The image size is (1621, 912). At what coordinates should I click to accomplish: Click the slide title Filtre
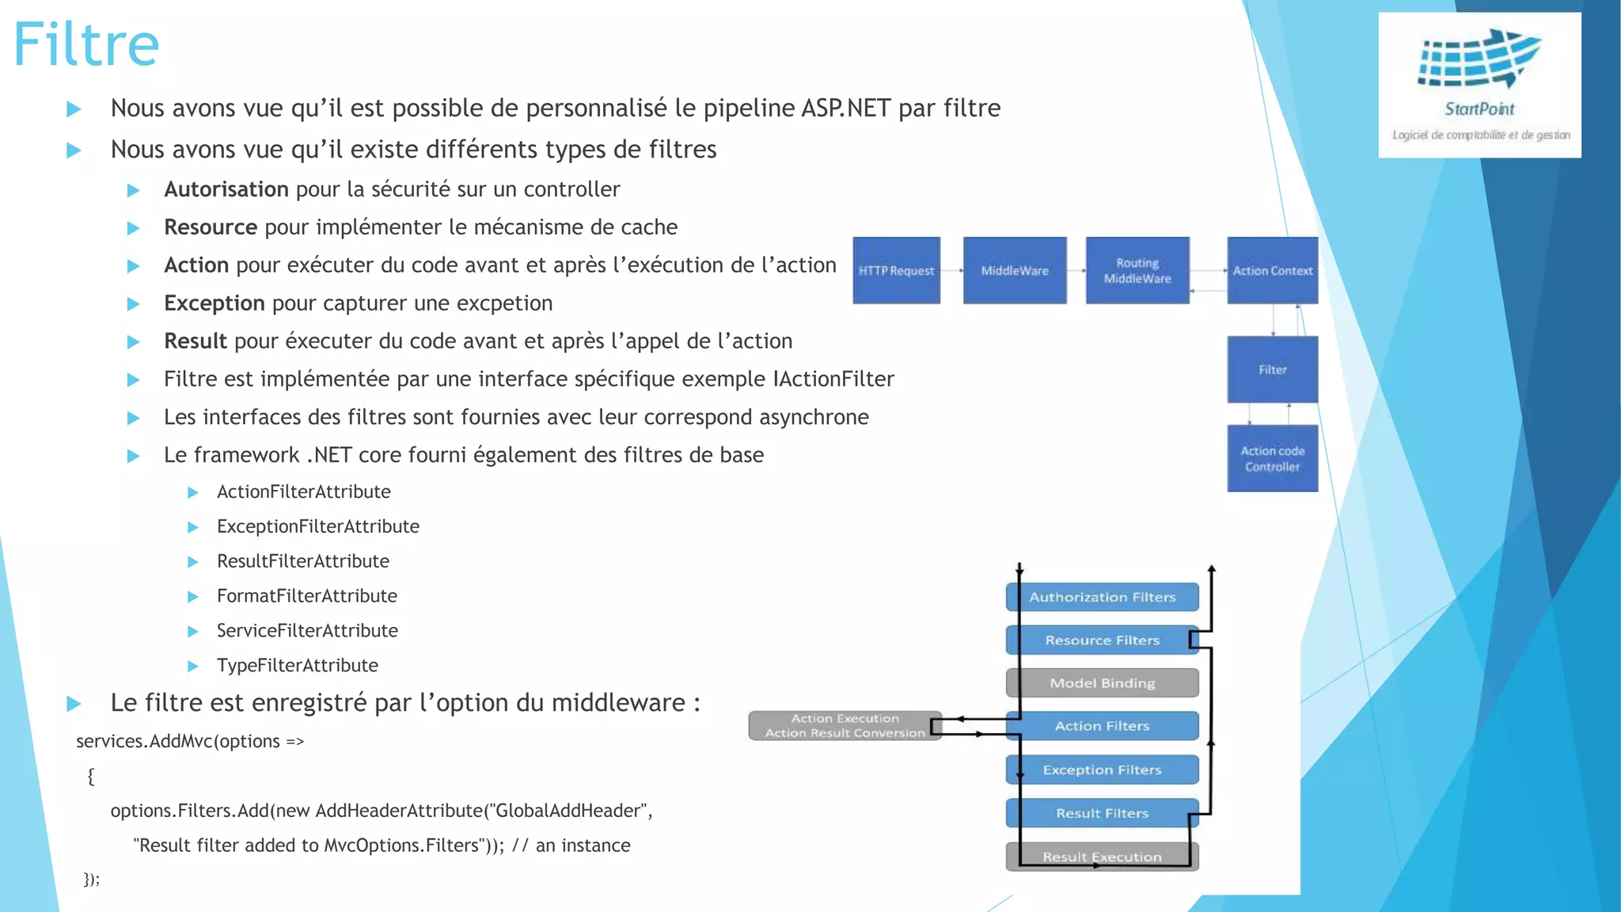click(x=86, y=44)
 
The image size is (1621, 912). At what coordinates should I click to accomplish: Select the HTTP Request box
click(x=896, y=271)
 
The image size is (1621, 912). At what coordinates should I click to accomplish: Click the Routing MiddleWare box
click(x=1137, y=271)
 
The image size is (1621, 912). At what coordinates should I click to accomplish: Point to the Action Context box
click(x=1272, y=271)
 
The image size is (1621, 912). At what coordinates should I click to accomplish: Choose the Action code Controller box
click(x=1272, y=458)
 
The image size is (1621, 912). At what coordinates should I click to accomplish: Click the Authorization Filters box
click(x=1102, y=597)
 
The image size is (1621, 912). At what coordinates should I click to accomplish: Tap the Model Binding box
click(x=1102, y=683)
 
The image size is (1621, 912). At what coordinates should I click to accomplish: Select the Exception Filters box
click(x=1102, y=769)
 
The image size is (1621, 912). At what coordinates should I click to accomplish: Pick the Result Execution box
click(x=1102, y=857)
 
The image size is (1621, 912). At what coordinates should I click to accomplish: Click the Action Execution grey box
click(x=845, y=725)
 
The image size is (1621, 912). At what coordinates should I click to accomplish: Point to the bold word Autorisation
click(x=226, y=189)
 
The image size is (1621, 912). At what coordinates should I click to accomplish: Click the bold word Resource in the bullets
click(x=210, y=227)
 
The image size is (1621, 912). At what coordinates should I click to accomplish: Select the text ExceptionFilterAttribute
click(x=317, y=526)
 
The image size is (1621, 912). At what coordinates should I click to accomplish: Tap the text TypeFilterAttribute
click(x=297, y=665)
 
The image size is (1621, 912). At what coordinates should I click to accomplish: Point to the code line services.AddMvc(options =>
click(x=190, y=741)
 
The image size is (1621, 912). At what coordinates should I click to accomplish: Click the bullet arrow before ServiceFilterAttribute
click(x=192, y=631)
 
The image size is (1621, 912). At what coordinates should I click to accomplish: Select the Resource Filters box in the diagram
click(x=1102, y=640)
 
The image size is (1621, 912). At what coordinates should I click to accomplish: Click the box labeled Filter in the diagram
click(x=1272, y=370)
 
